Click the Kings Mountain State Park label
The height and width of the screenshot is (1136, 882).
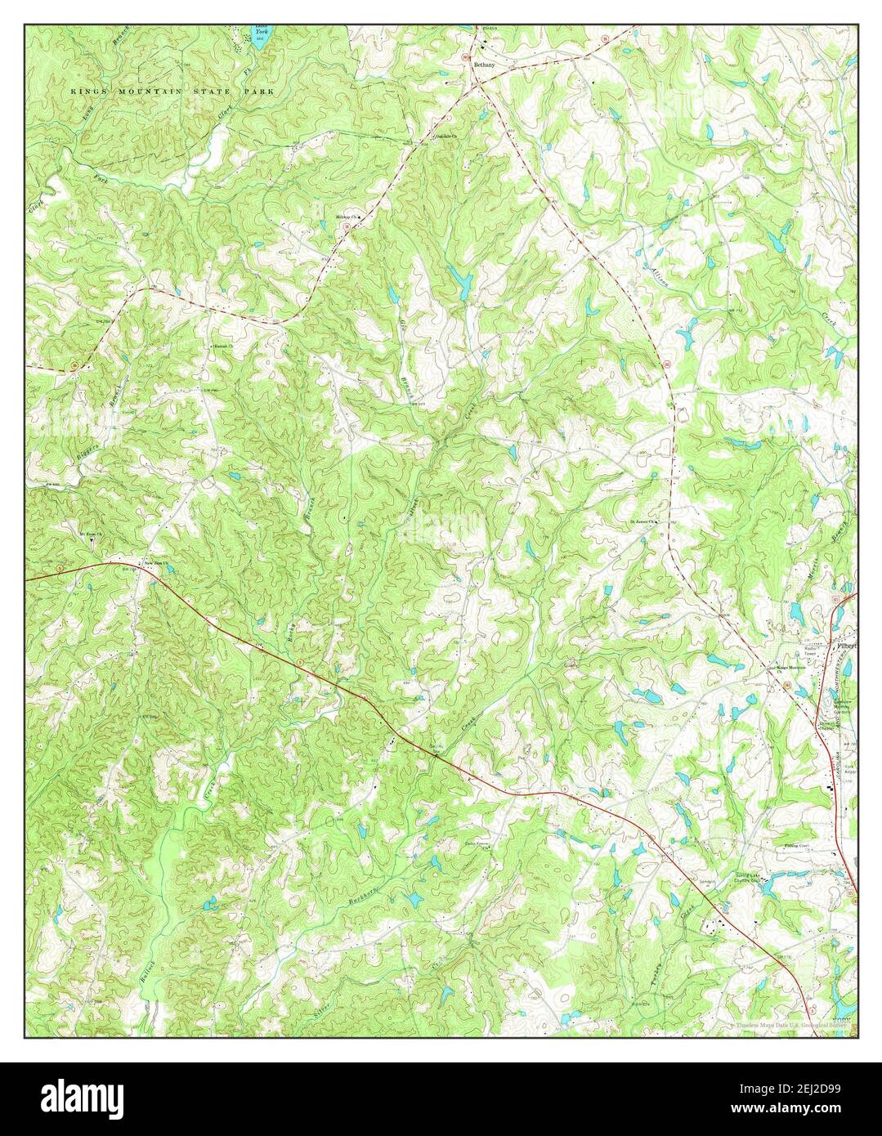[x=172, y=92]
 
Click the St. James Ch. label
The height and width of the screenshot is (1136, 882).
[x=642, y=522]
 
